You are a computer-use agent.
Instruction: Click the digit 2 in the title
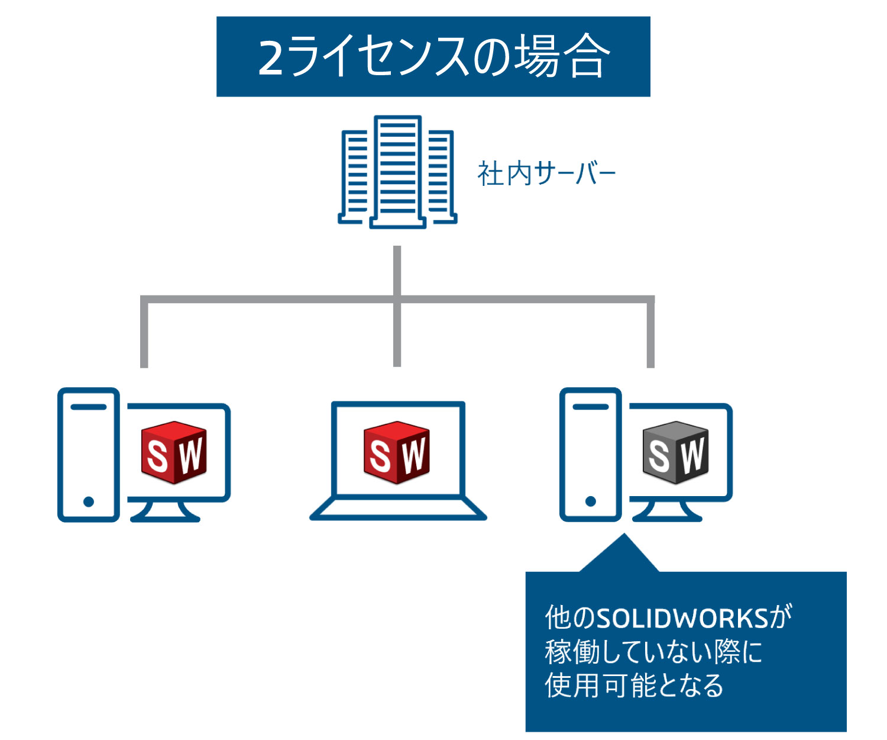click(x=271, y=58)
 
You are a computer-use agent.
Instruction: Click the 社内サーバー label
click(x=546, y=174)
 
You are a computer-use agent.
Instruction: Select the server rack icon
click(x=397, y=172)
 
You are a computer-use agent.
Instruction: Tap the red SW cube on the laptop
click(x=397, y=453)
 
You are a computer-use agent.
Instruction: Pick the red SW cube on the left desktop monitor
click(x=174, y=453)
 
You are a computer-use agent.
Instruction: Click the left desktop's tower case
click(x=89, y=455)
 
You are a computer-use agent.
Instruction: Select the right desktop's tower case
click(x=590, y=455)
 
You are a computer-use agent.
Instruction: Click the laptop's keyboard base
click(x=398, y=509)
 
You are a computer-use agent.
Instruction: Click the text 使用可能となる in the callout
click(x=634, y=686)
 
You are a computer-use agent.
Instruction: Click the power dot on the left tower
click(x=89, y=502)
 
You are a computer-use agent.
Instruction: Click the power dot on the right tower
click(x=590, y=502)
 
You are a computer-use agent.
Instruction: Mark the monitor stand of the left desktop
click(x=165, y=512)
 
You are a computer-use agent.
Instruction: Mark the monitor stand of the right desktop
click(x=667, y=512)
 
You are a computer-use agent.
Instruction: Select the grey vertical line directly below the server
click(x=397, y=269)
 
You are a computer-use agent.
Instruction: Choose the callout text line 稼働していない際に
click(x=653, y=652)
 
